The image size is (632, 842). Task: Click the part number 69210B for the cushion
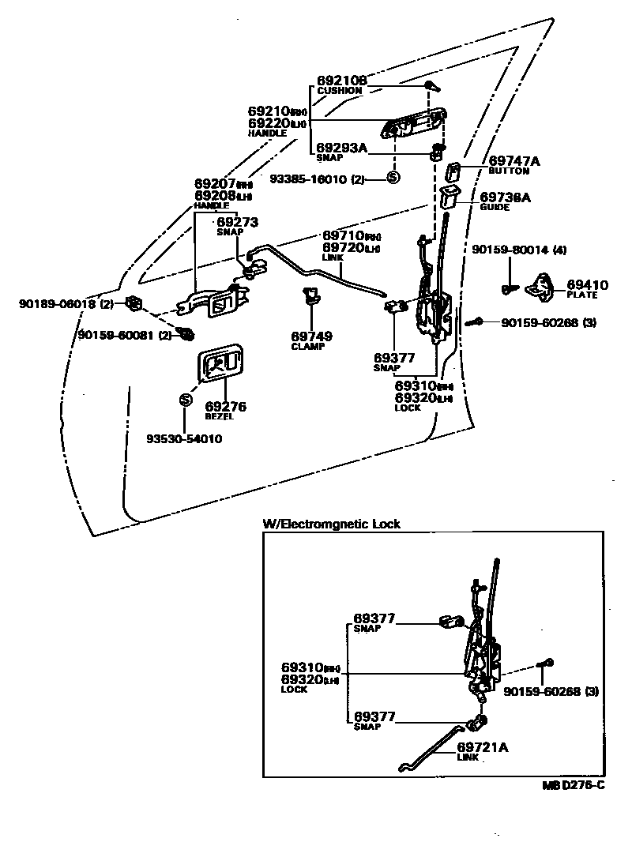[x=342, y=81]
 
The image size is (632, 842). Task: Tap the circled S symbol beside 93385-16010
[x=393, y=179]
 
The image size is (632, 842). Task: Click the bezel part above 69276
[x=219, y=365]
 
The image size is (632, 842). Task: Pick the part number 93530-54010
[x=184, y=438]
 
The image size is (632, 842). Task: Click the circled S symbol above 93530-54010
[x=185, y=400]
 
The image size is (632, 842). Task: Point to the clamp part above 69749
[x=310, y=297]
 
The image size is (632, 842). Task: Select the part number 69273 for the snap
[x=237, y=223]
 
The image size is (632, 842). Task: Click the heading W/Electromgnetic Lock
[x=332, y=524]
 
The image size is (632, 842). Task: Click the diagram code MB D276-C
[x=573, y=784]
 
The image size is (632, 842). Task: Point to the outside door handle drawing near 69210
[x=411, y=126]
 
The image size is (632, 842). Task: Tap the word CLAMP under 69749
[x=308, y=347]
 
